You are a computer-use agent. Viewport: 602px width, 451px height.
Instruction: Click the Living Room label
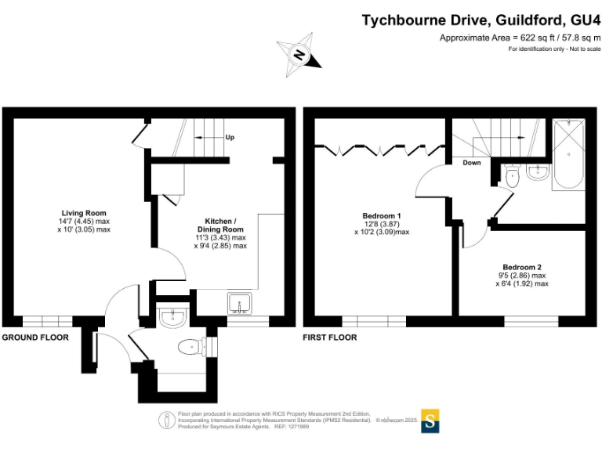point(84,213)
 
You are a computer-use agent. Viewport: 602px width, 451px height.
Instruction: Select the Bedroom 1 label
point(382,216)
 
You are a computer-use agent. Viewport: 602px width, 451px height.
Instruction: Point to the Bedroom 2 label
point(522,267)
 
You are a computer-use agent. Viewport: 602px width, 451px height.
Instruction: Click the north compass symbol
point(299,54)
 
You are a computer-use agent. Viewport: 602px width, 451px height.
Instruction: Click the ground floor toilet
point(193,346)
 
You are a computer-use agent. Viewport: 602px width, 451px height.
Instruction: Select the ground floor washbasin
point(171,317)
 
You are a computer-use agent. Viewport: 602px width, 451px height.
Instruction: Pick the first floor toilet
point(512,174)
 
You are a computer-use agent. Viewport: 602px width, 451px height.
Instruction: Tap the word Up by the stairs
point(230,138)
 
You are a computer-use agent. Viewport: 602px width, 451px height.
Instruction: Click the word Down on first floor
point(472,164)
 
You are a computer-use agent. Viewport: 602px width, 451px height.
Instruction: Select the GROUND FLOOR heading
point(35,337)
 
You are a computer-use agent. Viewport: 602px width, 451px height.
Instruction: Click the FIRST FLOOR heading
point(330,337)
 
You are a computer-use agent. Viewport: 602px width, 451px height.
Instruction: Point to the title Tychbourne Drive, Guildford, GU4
point(481,20)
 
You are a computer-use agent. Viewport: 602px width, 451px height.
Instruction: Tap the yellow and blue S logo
point(430,420)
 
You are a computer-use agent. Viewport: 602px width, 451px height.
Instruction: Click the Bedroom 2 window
point(531,321)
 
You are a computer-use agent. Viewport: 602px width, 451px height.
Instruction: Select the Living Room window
point(46,321)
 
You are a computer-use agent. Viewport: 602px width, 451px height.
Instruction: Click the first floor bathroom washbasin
point(539,173)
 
